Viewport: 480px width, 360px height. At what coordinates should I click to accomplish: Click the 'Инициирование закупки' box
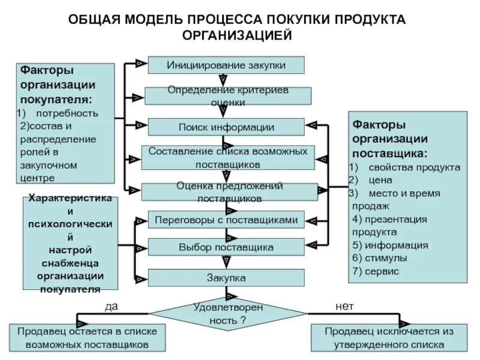coord(226,65)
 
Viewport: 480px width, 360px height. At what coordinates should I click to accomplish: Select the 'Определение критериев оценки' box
coord(228,96)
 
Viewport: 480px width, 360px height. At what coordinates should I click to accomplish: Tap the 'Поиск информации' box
coord(226,127)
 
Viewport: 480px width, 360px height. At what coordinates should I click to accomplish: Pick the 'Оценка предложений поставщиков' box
coord(229,191)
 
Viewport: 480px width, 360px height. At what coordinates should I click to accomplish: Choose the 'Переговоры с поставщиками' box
coord(226,220)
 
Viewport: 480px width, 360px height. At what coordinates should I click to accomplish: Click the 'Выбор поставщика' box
coord(226,247)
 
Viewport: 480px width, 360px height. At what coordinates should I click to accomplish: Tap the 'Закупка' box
coord(226,278)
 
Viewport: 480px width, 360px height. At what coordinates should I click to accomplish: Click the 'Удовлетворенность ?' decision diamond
coord(228,313)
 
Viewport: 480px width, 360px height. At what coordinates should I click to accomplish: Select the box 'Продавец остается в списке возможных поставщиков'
coord(88,338)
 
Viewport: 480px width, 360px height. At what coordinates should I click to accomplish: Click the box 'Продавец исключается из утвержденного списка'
coord(389,338)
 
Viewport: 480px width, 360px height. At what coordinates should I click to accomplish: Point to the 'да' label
coord(111,306)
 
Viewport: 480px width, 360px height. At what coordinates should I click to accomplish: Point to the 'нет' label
coord(344,306)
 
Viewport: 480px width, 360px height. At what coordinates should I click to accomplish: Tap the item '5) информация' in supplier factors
coord(390,245)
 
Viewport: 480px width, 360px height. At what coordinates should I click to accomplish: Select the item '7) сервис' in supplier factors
coord(376,271)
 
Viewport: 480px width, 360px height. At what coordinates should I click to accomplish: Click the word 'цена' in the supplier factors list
coord(381,180)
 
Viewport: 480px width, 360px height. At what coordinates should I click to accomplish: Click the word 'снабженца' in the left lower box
coord(70,263)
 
